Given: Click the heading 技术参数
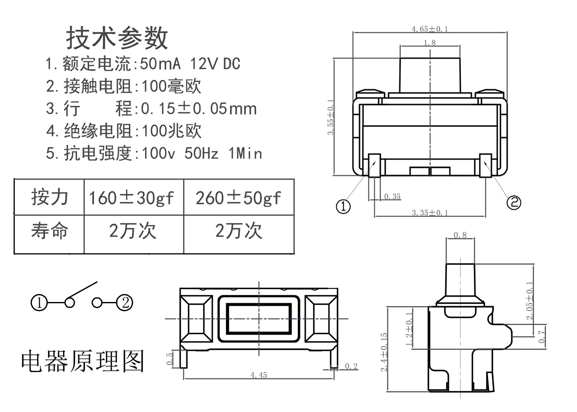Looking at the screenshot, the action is coord(117,38).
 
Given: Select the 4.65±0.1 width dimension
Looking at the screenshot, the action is coord(429,29).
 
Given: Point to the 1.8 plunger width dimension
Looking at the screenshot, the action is coord(429,42).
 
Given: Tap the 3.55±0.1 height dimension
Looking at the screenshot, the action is coord(331,117).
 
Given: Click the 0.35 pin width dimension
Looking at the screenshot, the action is coord(392,197).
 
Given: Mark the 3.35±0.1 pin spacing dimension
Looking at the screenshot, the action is coord(429,213).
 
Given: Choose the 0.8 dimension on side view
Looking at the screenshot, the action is coord(460,235).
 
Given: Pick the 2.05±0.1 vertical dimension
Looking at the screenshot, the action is coord(529,300).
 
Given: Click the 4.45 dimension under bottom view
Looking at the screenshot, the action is coord(259,375).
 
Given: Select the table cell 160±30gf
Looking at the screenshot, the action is coord(131,198).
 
